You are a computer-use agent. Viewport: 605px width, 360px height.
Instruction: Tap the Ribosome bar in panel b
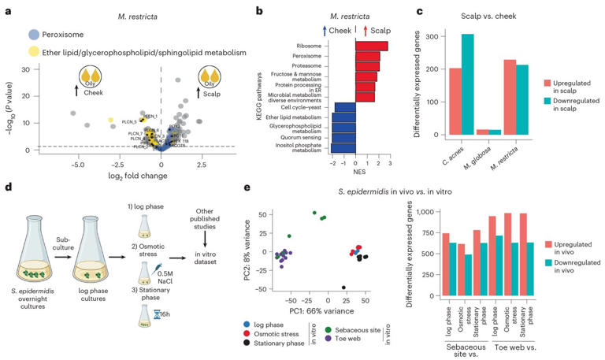click(371, 46)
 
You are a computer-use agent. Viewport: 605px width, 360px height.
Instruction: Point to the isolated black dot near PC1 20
click(343, 288)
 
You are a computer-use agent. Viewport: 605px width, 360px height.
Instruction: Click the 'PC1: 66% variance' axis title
click(317, 311)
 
